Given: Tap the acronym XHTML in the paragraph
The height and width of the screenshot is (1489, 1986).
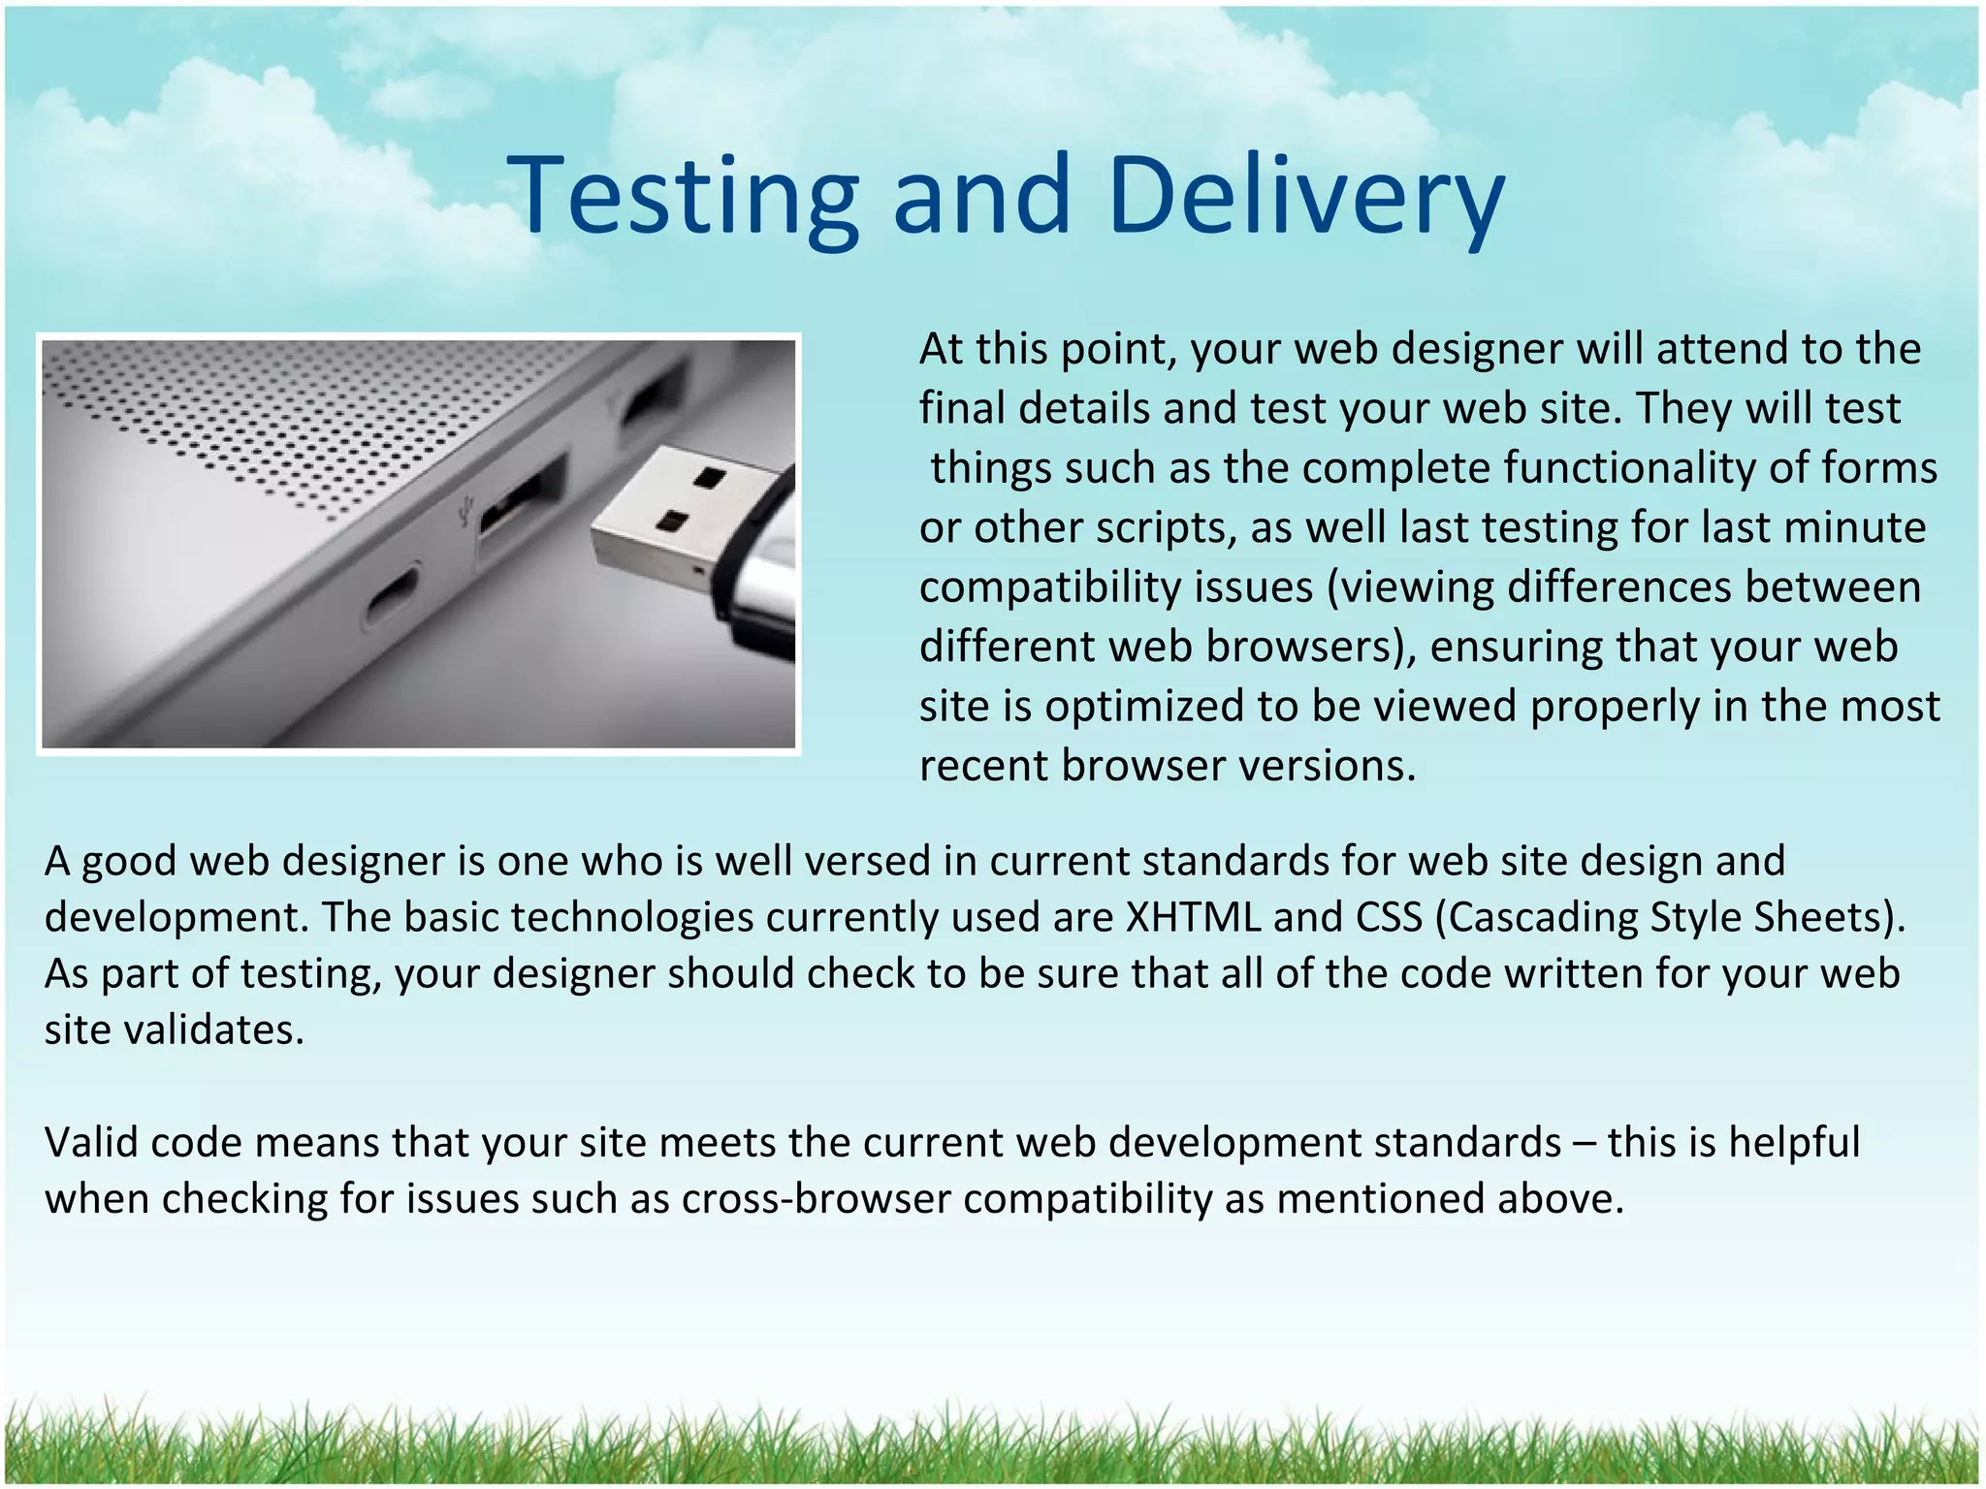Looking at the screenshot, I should click(1193, 917).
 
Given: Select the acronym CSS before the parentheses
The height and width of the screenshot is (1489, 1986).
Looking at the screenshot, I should click(1389, 917).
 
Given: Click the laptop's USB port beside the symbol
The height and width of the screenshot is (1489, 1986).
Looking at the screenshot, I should click(520, 500).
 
